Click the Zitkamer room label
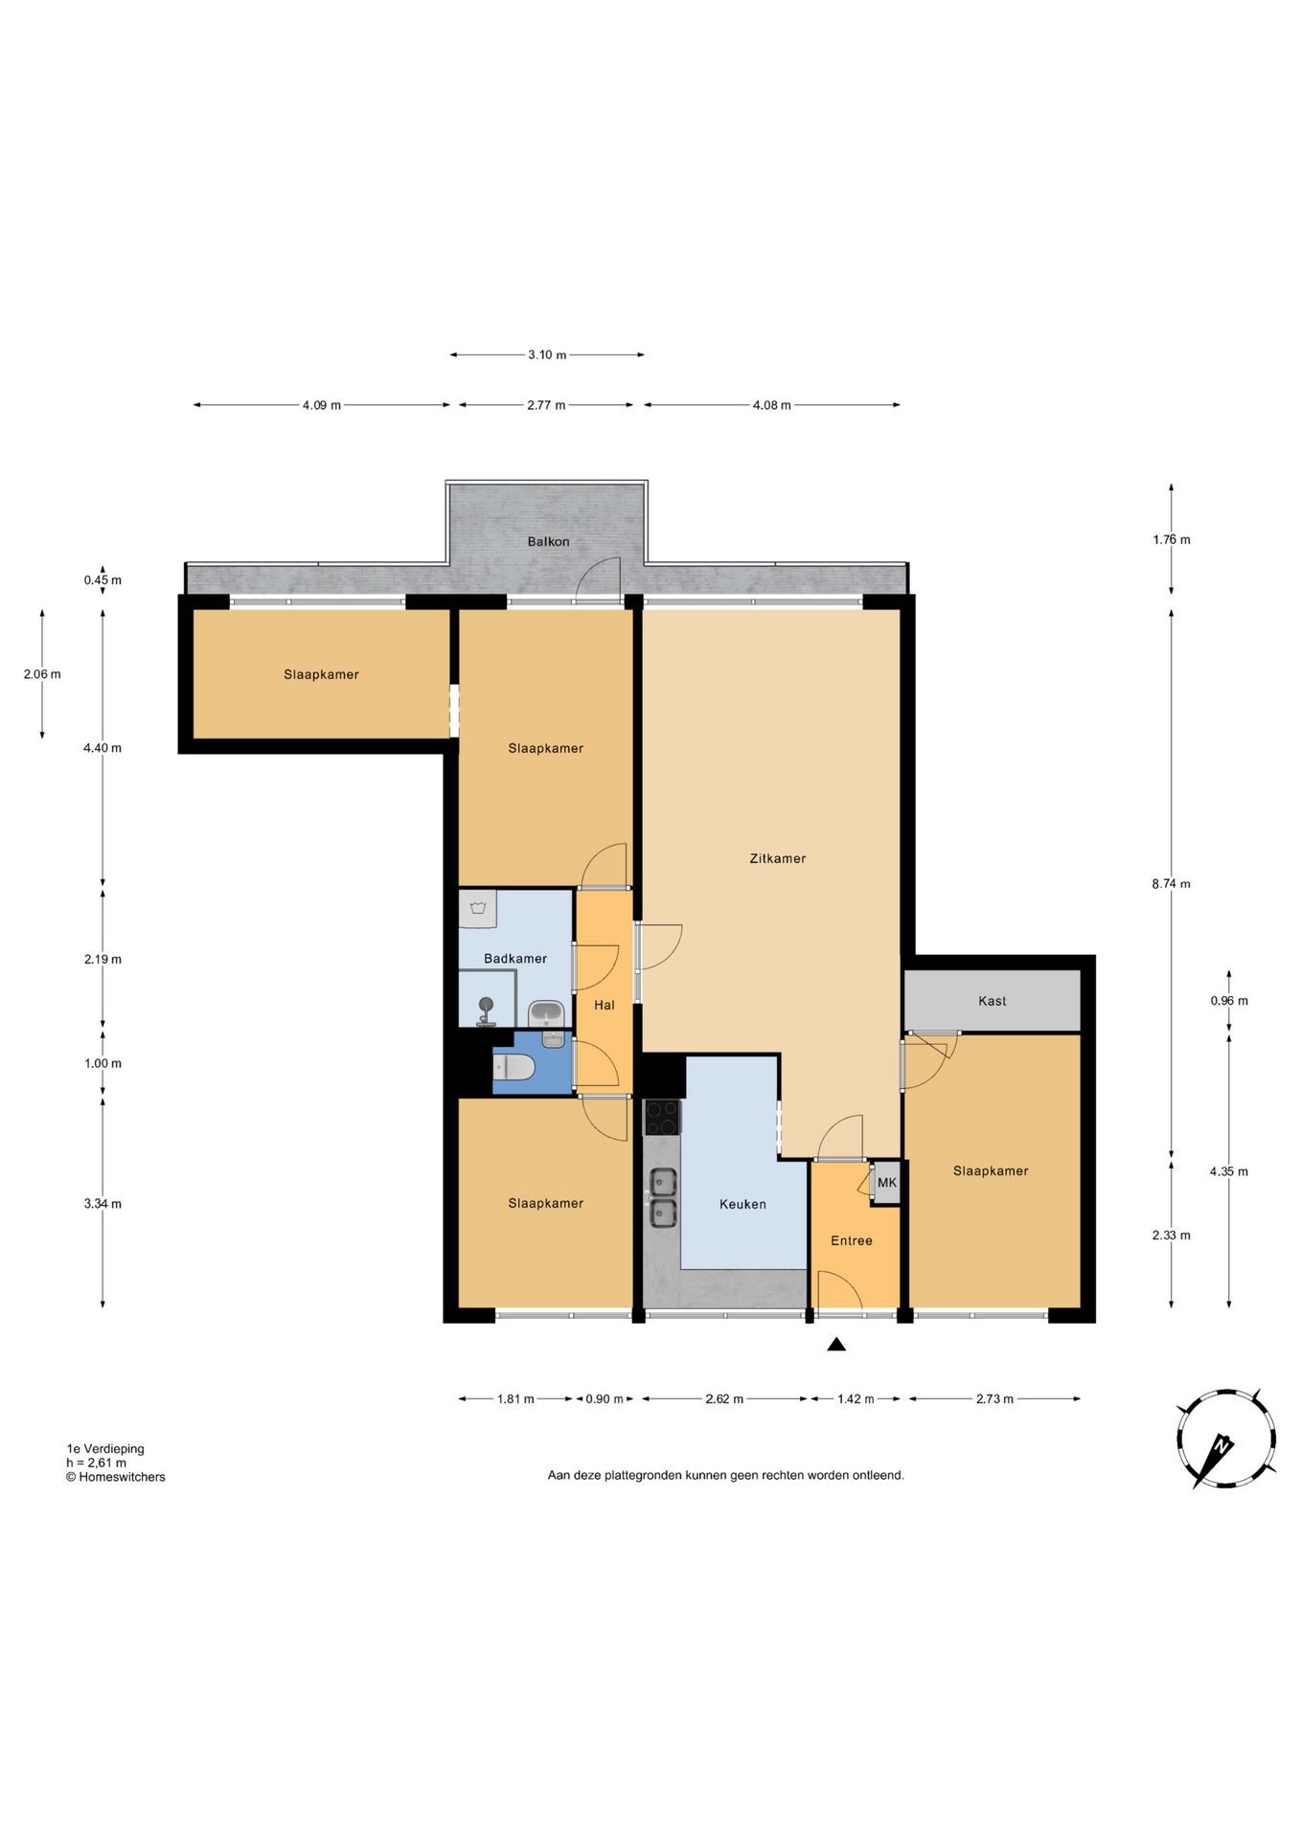tap(777, 858)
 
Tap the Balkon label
tap(548, 541)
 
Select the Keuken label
tap(742, 1204)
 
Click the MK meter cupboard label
tap(887, 1183)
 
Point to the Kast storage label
tap(992, 1001)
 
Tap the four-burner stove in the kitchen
tap(662, 1117)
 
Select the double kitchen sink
tap(663, 1197)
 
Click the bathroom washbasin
tap(547, 1012)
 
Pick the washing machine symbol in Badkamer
tap(477, 910)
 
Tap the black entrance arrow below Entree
tap(836, 1345)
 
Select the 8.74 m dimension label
tap(1171, 884)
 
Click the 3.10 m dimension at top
tap(547, 355)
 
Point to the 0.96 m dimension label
tap(1229, 1001)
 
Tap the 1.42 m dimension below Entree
tap(856, 1399)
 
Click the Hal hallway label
tap(605, 1005)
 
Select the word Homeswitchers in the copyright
tap(122, 1477)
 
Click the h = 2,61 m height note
tap(96, 1463)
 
